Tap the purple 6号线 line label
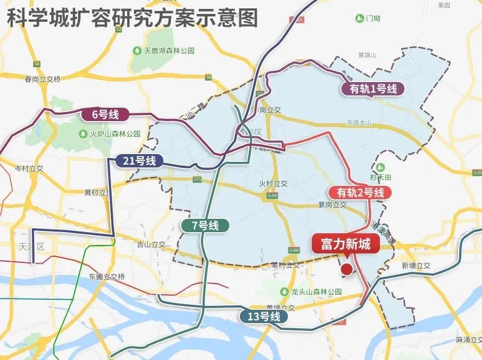pyautogui.click(x=105, y=115)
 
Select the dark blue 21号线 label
pyautogui.click(x=139, y=161)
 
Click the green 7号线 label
pyautogui.click(x=205, y=225)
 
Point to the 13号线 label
pyautogui.click(x=264, y=316)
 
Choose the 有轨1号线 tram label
pyautogui.click(x=373, y=89)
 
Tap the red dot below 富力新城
pyautogui.click(x=346, y=270)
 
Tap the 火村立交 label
pyautogui.click(x=273, y=183)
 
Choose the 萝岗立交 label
pyautogui.click(x=332, y=205)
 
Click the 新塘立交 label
pyautogui.click(x=416, y=266)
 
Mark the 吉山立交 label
pyautogui.click(x=151, y=244)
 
